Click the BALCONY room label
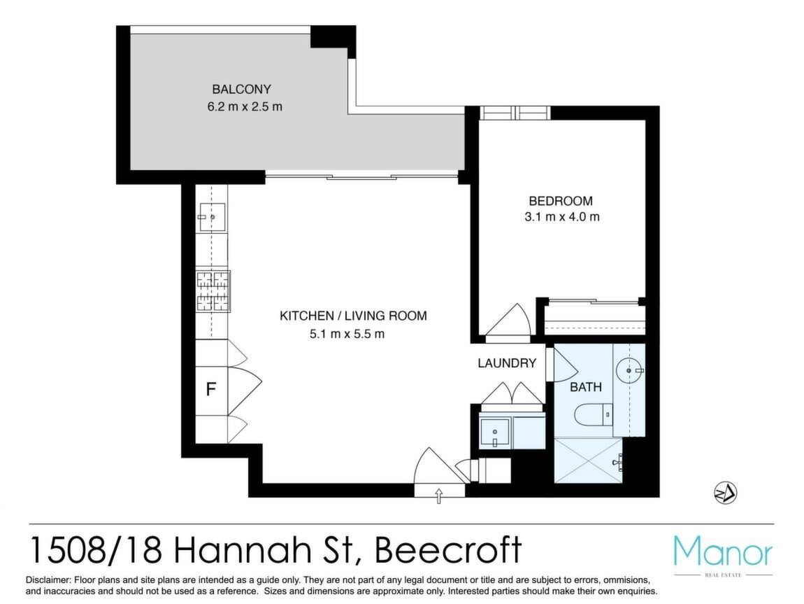[x=241, y=90]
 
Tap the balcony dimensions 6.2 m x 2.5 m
[x=245, y=107]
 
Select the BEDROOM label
[x=561, y=201]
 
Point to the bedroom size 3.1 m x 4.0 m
[x=561, y=217]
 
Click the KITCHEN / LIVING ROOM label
[x=353, y=316]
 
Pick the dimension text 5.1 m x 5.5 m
[x=347, y=334]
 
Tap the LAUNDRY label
[x=507, y=363]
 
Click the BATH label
[x=586, y=387]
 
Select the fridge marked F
[x=211, y=390]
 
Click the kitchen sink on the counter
[x=212, y=217]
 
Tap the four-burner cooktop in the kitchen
[x=213, y=291]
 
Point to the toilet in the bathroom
[x=594, y=414]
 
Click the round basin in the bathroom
[x=629, y=369]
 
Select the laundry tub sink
[x=494, y=433]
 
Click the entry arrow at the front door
[x=438, y=496]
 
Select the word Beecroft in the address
[x=449, y=549]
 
